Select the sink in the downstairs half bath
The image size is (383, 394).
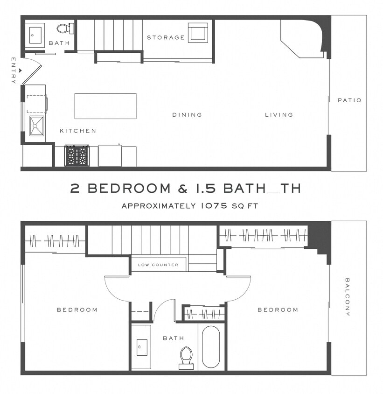35,34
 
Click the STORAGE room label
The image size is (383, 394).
166,37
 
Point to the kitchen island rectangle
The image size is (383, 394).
105,106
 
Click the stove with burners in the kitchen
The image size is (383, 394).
77,155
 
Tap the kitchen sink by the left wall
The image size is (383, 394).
36,126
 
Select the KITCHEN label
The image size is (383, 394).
78,131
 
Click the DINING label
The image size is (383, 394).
187,115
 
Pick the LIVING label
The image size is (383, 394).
279,115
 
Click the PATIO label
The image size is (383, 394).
349,100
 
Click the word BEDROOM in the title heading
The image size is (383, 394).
129,189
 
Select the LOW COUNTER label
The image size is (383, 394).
158,265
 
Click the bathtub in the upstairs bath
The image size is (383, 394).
211,347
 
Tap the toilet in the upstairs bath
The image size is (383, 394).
186,357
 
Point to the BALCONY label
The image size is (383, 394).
348,297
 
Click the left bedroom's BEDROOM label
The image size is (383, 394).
77,310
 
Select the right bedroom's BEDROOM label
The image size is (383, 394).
278,310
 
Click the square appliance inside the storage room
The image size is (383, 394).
198,32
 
